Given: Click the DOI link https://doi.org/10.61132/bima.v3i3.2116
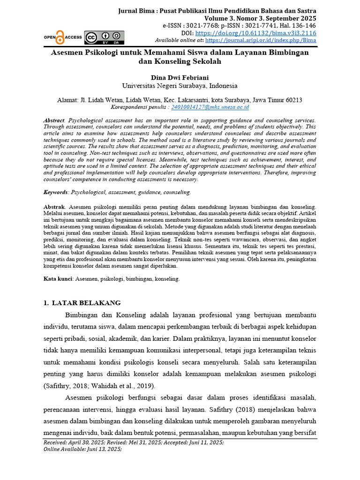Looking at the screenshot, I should (x=255, y=33).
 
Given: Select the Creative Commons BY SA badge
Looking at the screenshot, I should (x=104, y=37).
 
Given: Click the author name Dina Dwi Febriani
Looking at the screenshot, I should (x=180, y=78).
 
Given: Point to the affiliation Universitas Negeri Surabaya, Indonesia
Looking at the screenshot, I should (x=180, y=86).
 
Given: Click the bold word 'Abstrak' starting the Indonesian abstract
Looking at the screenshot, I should (x=53, y=206).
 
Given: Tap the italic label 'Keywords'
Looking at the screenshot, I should (x=55, y=192).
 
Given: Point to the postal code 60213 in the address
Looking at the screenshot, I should (x=292, y=100).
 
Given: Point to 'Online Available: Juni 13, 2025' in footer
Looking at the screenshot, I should (x=82, y=449).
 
